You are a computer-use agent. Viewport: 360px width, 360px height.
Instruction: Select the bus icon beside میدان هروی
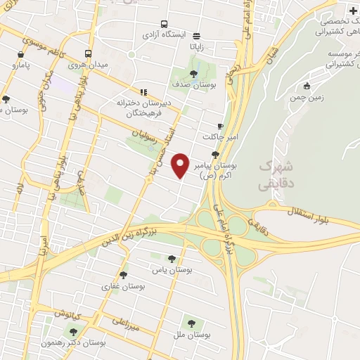[x=89, y=53]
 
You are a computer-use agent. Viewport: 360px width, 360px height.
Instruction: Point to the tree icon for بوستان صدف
[x=195, y=72]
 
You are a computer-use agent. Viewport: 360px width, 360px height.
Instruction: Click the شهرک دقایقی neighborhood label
[x=276, y=172]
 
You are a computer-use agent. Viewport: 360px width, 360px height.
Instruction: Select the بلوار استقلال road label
[x=313, y=211]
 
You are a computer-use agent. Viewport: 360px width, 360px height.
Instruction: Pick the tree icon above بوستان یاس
[x=175, y=258]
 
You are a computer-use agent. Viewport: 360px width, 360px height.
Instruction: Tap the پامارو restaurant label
[x=22, y=65]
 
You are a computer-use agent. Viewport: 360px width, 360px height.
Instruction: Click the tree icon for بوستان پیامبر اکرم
[x=215, y=154]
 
